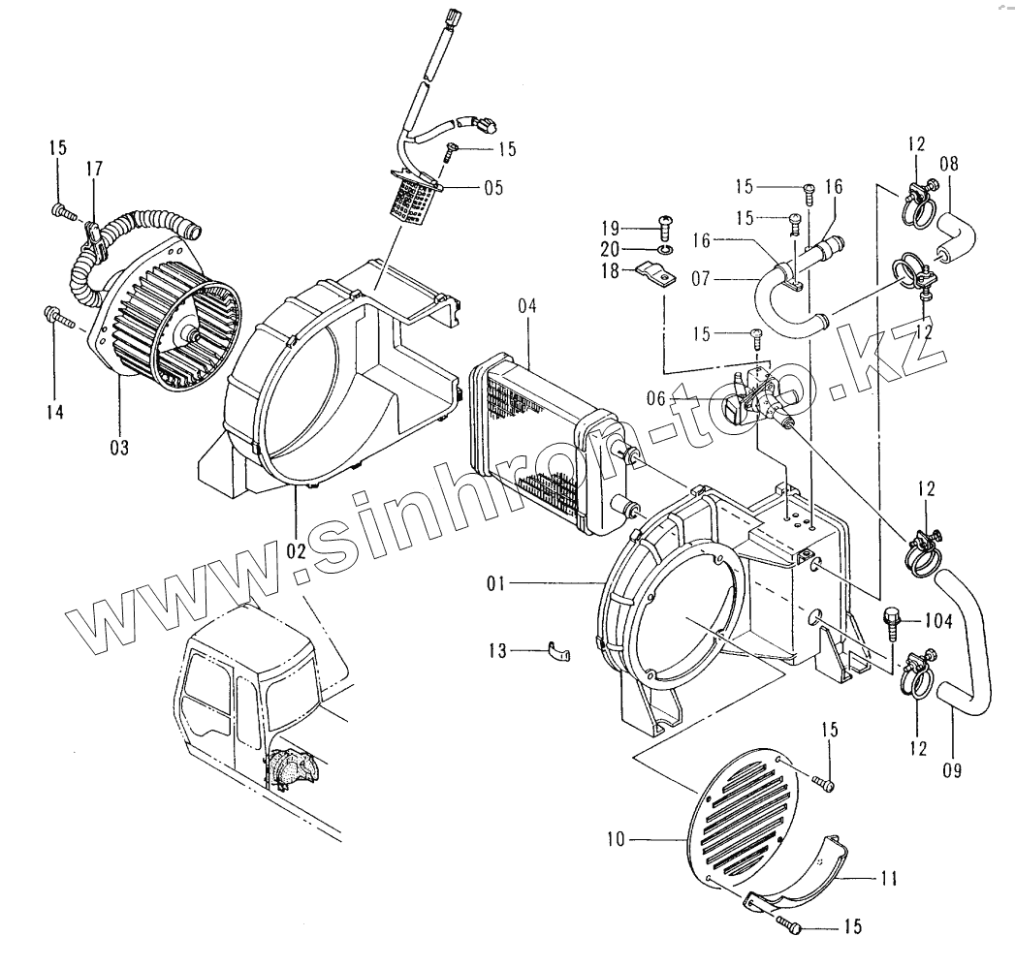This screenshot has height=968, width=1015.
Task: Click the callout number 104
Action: (x=937, y=621)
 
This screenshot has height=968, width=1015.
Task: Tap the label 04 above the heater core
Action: (x=526, y=306)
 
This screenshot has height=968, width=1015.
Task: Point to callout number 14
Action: (x=55, y=412)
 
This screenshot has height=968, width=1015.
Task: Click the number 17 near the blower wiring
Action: (x=94, y=170)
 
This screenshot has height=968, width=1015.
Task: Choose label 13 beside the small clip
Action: (x=497, y=652)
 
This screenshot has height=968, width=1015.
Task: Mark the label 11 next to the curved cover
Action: (x=887, y=879)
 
